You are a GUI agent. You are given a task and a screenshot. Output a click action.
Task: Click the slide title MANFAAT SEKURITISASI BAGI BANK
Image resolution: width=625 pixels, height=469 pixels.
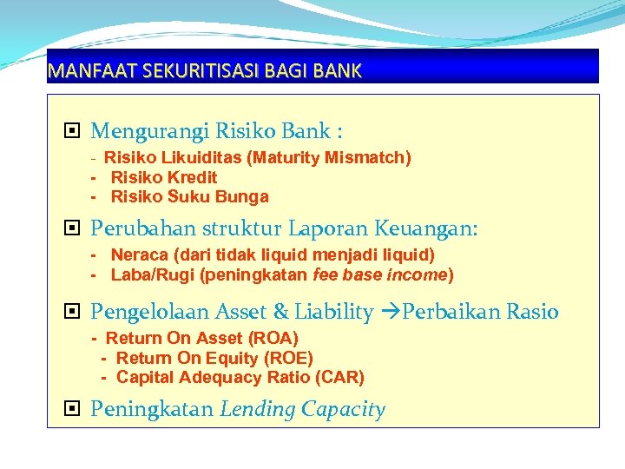(x=205, y=71)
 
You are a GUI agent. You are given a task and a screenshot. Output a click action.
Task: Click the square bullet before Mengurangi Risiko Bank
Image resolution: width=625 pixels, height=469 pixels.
(x=73, y=132)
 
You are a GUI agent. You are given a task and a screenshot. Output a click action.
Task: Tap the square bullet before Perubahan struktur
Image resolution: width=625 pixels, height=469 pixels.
(x=73, y=229)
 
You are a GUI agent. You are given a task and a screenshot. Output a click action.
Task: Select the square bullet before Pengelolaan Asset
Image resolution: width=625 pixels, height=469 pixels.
(x=73, y=312)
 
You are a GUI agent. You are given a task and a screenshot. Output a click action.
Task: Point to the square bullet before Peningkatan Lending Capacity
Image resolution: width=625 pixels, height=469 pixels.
(x=73, y=409)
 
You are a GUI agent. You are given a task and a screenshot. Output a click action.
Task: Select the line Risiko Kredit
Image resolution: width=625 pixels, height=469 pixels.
(x=164, y=177)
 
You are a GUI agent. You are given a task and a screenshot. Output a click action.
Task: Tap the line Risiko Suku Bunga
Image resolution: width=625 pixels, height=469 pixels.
(x=189, y=196)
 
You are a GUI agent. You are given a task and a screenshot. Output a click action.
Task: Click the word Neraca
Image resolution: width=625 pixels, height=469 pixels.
(x=140, y=254)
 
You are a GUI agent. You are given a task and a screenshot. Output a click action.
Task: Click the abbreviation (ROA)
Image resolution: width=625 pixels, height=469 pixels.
(x=273, y=338)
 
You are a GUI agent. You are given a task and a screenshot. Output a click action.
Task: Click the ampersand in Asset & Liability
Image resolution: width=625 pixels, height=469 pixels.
(x=280, y=313)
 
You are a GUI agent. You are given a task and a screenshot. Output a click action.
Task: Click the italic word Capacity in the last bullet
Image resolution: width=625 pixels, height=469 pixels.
(x=344, y=410)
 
